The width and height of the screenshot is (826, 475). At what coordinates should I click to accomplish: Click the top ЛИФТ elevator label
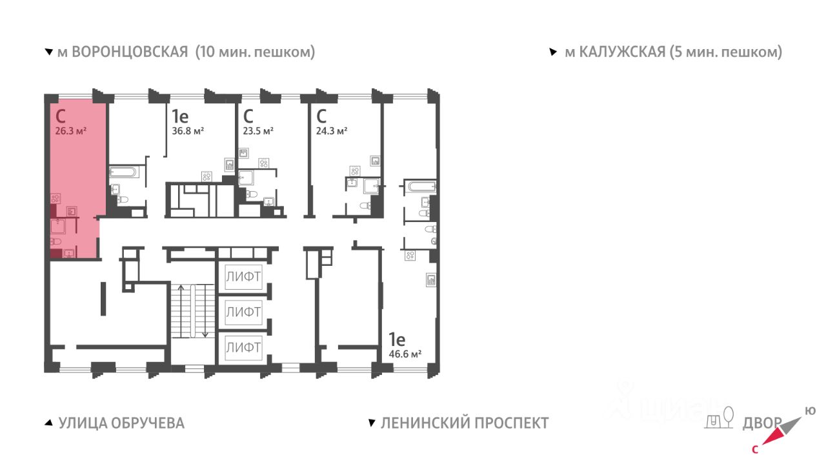pos(243,277)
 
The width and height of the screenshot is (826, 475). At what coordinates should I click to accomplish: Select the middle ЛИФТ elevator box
pos(243,312)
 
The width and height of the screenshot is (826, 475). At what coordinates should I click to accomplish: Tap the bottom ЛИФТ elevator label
pos(243,347)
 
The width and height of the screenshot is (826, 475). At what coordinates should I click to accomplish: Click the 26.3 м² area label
pos(71,131)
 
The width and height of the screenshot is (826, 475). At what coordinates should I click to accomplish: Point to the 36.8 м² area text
pos(188,131)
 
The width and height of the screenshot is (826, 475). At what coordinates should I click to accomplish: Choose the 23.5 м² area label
pos(258,131)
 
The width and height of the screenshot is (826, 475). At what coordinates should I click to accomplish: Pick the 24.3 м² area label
pos(332,131)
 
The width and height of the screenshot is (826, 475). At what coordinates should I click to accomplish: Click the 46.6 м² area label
pos(405,354)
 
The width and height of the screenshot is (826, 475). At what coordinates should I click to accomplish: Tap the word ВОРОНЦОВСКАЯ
pos(130,52)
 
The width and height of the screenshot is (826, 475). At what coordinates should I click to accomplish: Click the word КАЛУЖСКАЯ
pos(623,52)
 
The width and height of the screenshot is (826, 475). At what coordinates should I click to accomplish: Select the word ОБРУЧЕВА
pos(148,423)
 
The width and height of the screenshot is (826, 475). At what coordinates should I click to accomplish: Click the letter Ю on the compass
pos(810,411)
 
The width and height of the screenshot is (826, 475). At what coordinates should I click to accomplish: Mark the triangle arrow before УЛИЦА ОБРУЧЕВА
pos(48,423)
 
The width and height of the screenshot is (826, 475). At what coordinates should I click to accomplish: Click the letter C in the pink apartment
pos(61,117)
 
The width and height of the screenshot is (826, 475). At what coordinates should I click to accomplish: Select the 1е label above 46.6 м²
pos(397,339)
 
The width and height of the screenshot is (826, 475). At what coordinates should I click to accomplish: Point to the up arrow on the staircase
pos(181,311)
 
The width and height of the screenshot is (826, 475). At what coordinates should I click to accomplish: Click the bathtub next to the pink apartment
pos(124,172)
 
